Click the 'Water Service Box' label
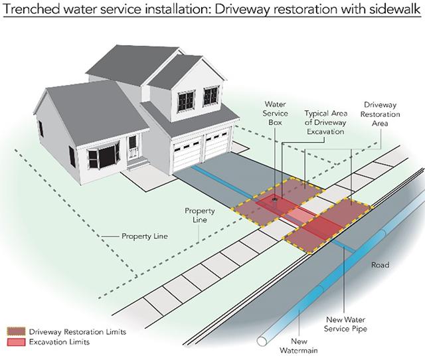pos(275,114)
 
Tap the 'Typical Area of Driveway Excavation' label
pos(325,122)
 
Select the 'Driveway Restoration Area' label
pos(380,114)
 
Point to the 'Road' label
pos(380,265)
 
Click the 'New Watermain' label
pos(299,345)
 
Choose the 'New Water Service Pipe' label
pos(345,324)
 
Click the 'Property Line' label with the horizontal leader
pos(145,236)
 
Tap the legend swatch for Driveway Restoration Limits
pos(16,331)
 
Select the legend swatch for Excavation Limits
pos(16,342)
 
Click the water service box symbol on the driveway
pos(275,199)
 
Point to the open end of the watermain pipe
pos(262,341)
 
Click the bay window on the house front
pos(104,155)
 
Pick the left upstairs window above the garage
pos(186,101)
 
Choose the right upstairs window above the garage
pos(211,96)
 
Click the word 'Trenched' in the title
pos(31,9)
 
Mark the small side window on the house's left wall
pos(41,129)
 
